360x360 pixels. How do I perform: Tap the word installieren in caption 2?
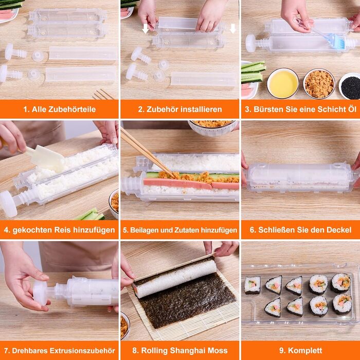[x=202, y=109]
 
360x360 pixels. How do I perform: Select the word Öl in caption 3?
[x=352, y=109]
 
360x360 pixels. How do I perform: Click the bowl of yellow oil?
[x=283, y=83]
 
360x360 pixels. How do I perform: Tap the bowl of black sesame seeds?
[x=350, y=86]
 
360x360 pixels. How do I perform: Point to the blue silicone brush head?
[x=337, y=41]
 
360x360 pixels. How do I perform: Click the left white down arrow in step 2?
[x=146, y=28]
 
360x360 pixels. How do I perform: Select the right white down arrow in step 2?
[x=233, y=28]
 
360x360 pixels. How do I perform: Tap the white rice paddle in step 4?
[x=46, y=158]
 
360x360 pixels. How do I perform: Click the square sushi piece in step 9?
[x=253, y=285]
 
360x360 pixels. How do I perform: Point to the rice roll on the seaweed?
[x=175, y=278]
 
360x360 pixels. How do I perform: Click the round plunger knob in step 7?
[x=41, y=293]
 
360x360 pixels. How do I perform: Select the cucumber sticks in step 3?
[x=253, y=72]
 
